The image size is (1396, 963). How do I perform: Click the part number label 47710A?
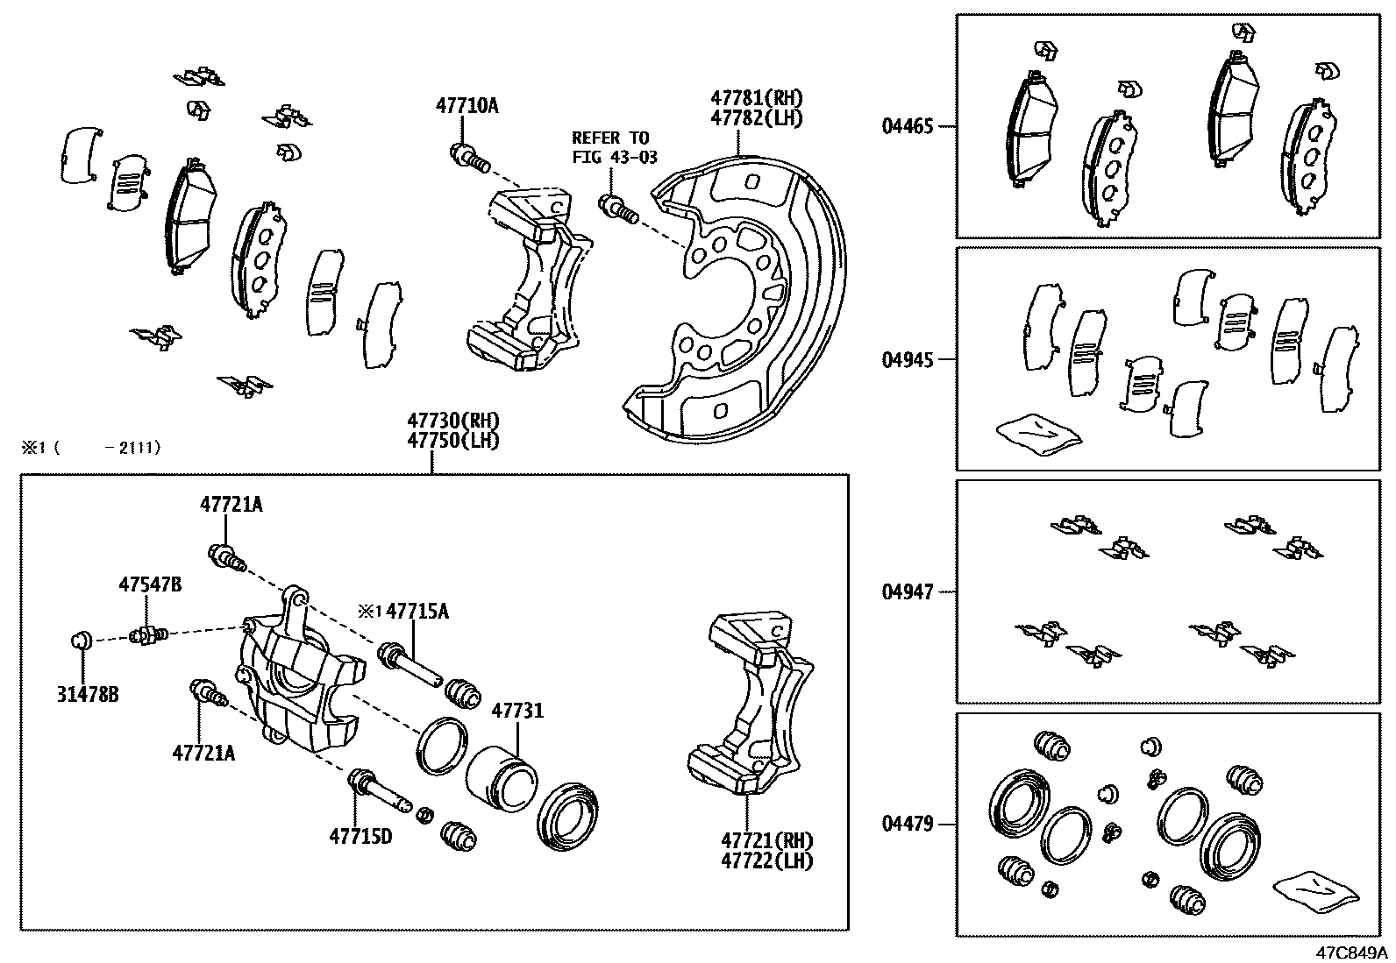pyautogui.click(x=467, y=106)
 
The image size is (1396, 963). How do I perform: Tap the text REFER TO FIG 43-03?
pyautogui.click(x=610, y=147)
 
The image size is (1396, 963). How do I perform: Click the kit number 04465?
pyautogui.click(x=908, y=126)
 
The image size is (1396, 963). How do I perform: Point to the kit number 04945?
pyautogui.click(x=908, y=359)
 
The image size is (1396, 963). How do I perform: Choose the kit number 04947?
pyautogui.click(x=908, y=592)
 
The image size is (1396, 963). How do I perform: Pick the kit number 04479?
pyautogui.click(x=908, y=824)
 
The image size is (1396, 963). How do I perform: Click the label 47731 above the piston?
pyautogui.click(x=516, y=711)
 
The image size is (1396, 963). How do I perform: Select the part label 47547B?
pyautogui.click(x=150, y=584)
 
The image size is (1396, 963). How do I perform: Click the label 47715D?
pyautogui.click(x=360, y=836)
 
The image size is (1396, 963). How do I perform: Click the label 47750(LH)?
pyautogui.click(x=453, y=441)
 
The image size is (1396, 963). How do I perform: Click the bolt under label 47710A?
pyautogui.click(x=469, y=159)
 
